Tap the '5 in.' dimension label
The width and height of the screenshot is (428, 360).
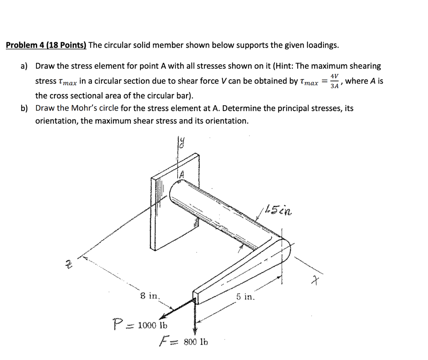point(245,297)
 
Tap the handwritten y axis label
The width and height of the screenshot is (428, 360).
point(181,144)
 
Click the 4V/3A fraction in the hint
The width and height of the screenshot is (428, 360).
point(334,81)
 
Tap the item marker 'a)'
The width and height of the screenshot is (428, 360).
point(25,66)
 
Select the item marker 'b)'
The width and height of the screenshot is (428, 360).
point(25,109)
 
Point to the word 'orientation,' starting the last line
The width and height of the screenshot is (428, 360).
point(56,121)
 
